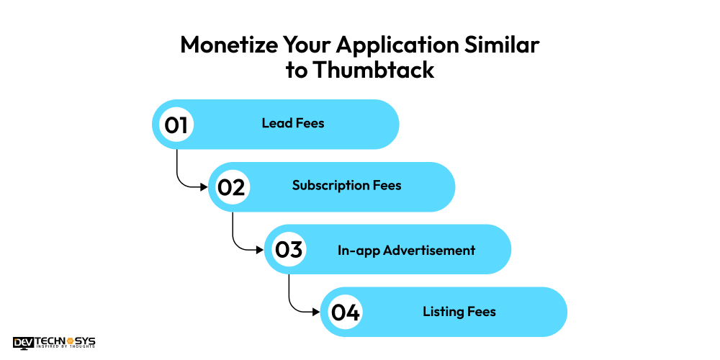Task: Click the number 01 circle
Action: click(x=177, y=125)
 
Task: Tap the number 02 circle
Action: click(x=233, y=187)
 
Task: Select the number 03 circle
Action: click(x=289, y=249)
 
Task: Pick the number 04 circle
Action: click(x=345, y=312)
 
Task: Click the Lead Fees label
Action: click(x=293, y=123)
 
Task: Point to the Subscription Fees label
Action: click(x=347, y=186)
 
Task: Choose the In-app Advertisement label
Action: click(x=406, y=251)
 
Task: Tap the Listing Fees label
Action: click(x=459, y=312)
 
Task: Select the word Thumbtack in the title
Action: click(x=374, y=71)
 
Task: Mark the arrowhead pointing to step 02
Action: click(x=204, y=187)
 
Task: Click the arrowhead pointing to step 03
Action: click(x=261, y=250)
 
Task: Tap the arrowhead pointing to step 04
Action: click(x=316, y=312)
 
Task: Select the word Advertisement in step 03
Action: click(x=429, y=251)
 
